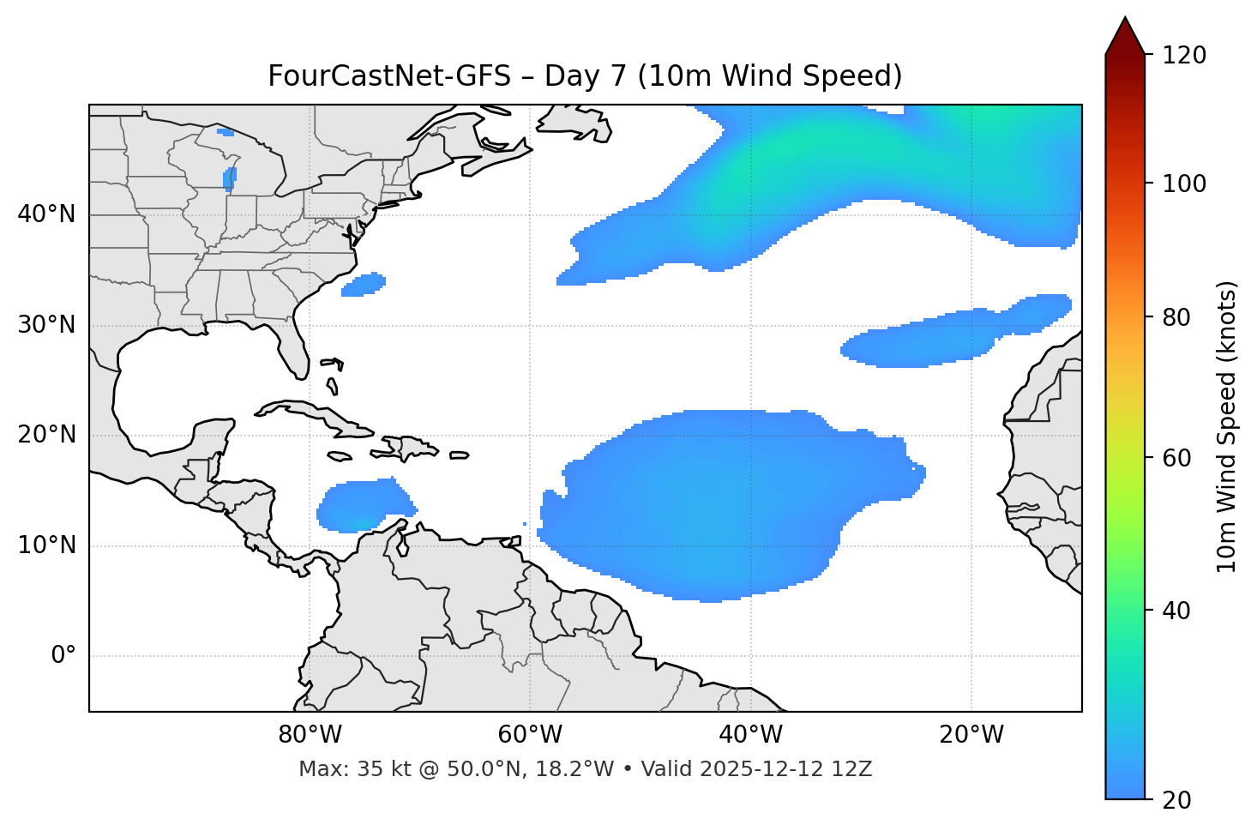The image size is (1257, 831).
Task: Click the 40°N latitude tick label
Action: click(46, 214)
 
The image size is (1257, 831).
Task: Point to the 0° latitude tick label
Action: click(63, 656)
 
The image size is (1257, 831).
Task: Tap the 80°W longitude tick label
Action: click(310, 735)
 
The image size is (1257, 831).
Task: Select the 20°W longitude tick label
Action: click(971, 735)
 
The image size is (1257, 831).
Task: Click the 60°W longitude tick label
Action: click(530, 735)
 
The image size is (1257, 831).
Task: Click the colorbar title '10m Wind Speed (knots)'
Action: click(1227, 426)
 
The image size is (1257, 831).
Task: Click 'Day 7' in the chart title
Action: click(585, 76)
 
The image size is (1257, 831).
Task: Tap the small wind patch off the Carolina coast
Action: click(364, 285)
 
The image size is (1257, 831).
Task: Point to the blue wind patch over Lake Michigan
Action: click(229, 178)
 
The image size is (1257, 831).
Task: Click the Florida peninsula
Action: click(293, 347)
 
